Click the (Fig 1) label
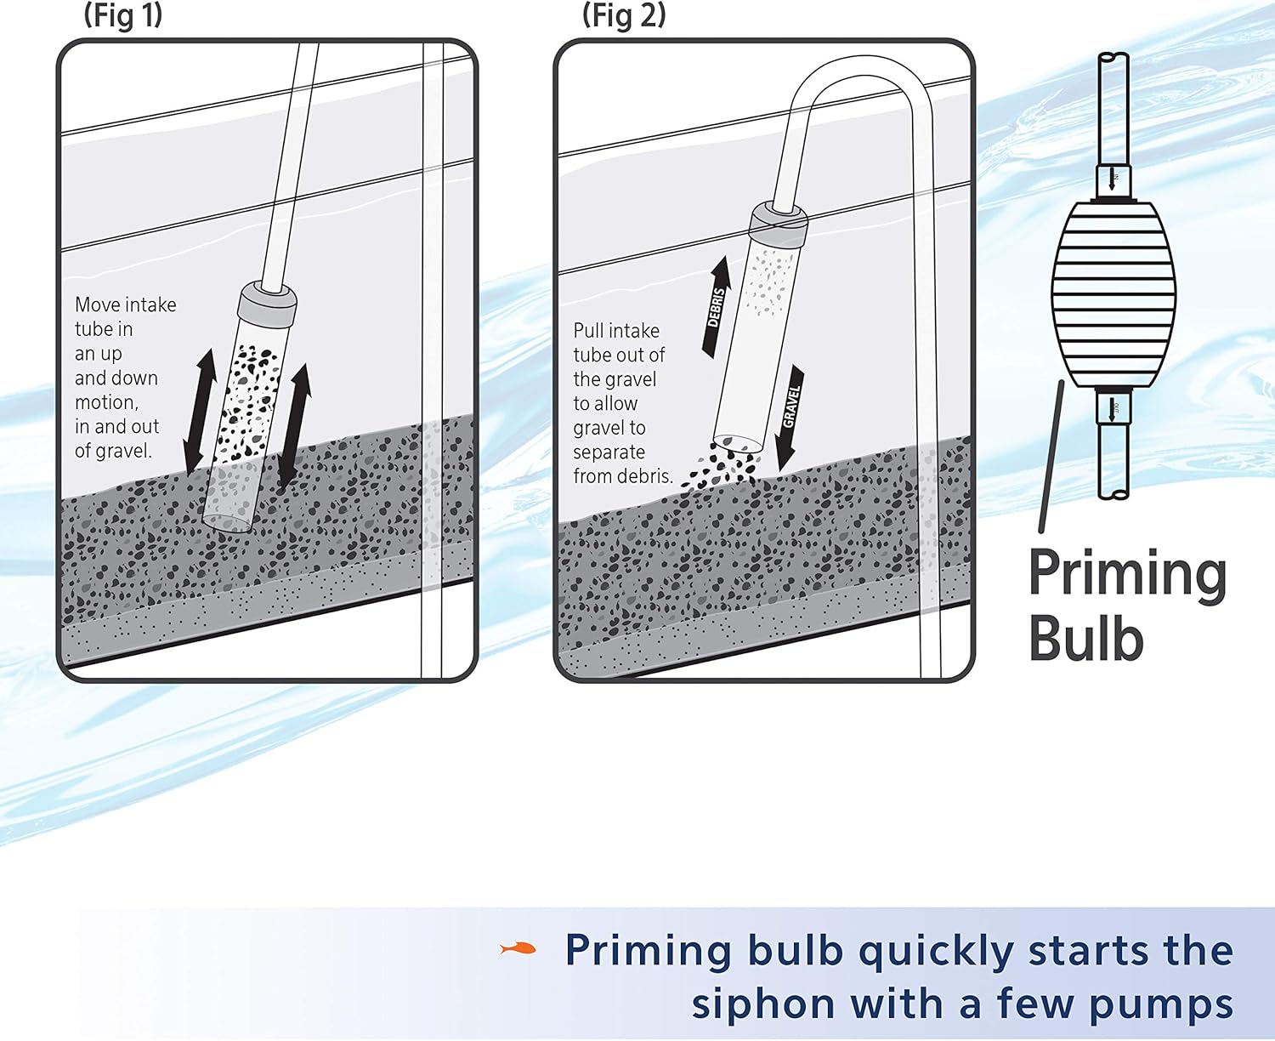point(123,16)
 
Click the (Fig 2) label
point(624,16)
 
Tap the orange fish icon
point(518,947)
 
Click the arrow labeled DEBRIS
point(717,306)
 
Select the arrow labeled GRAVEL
point(790,415)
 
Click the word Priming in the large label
point(1127,577)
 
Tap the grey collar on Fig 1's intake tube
point(268,301)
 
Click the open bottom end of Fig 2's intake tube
point(737,442)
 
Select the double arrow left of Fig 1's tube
point(200,410)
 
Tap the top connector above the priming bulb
point(1113,179)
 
